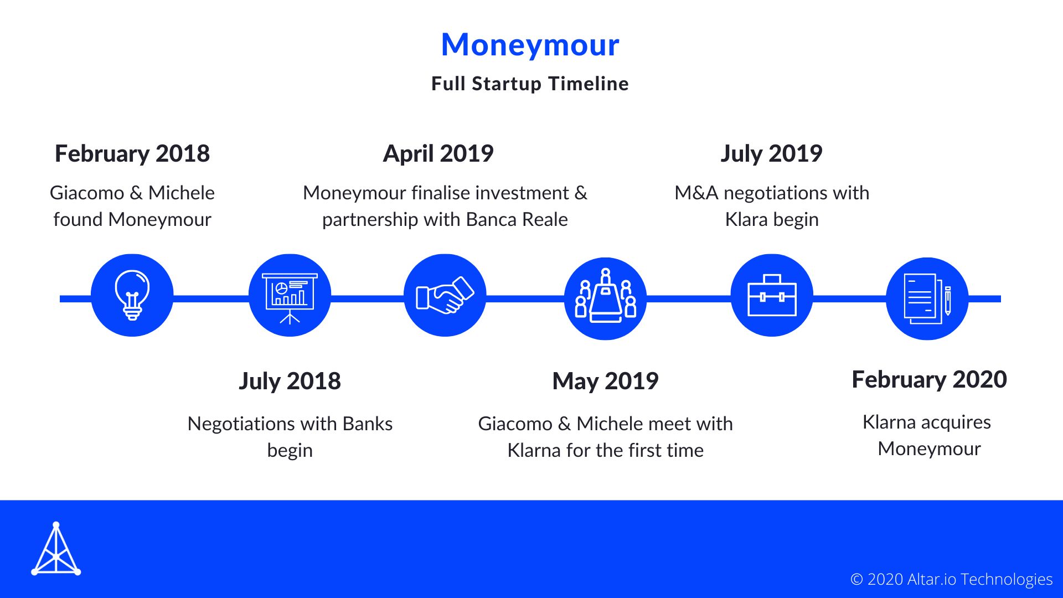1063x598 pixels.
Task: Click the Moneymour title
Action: point(530,44)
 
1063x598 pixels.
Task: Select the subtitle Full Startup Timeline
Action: point(530,84)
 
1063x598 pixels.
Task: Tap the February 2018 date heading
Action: point(132,153)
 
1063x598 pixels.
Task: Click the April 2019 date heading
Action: point(438,153)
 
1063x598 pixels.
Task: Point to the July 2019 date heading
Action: point(771,153)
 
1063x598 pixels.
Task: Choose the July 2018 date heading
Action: point(290,381)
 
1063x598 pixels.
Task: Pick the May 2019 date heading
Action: point(605,381)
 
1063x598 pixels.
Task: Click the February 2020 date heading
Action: point(929,379)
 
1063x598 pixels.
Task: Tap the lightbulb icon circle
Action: point(132,295)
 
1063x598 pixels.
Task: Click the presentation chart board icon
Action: point(290,295)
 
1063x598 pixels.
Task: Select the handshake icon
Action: point(445,295)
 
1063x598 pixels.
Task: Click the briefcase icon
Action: point(772,295)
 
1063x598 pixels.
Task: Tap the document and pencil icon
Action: point(927,298)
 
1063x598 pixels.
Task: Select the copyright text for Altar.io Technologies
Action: point(951,579)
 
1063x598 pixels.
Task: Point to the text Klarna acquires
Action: point(927,422)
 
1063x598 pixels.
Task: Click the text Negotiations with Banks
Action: point(290,424)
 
